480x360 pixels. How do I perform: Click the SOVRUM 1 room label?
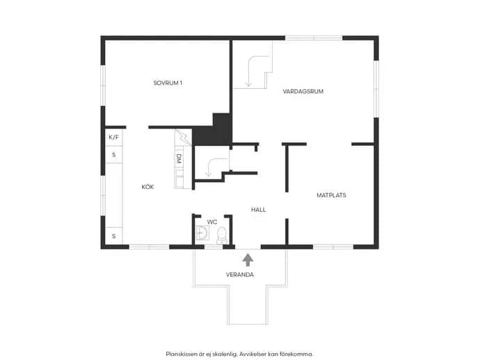168,83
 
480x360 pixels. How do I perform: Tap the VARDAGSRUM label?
303,92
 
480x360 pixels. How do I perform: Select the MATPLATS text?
331,195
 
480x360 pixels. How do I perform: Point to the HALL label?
258,209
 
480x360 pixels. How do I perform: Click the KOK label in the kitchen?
147,187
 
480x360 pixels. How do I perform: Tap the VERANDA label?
240,275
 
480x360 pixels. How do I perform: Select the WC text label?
212,222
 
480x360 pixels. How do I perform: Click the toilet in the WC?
221,236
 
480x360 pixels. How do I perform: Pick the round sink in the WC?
202,232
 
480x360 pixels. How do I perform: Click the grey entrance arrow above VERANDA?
248,260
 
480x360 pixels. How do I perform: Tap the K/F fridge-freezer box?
113,138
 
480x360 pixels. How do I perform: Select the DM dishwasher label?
179,158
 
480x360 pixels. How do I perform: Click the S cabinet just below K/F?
113,155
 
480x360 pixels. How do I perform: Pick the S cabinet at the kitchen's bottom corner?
113,236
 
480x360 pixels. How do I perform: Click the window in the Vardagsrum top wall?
314,38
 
